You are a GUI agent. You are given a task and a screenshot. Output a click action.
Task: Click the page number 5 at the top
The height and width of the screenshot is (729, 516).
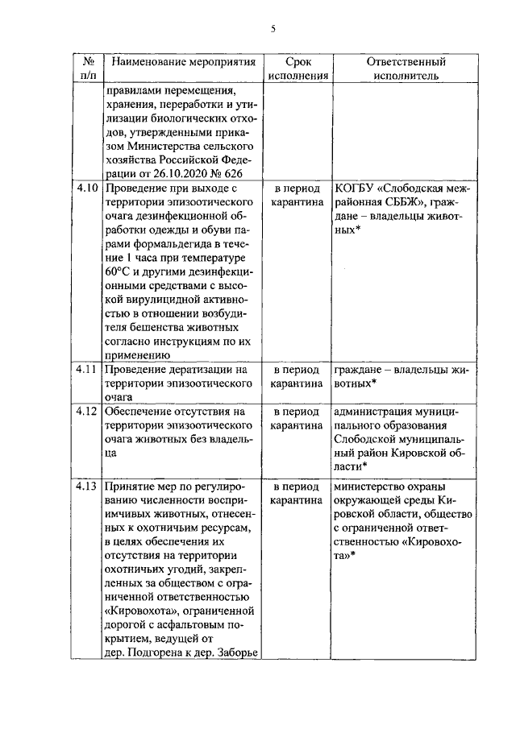pyautogui.click(x=273, y=29)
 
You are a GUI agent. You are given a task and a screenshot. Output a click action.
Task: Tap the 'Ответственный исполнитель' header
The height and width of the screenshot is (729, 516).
pyautogui.click(x=406, y=68)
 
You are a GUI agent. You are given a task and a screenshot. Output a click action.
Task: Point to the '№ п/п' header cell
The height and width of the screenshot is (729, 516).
pyautogui.click(x=88, y=68)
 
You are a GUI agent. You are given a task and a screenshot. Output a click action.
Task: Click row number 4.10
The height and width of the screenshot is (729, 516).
pyautogui.click(x=87, y=187)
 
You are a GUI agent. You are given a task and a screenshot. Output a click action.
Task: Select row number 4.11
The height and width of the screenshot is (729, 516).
pyautogui.click(x=87, y=369)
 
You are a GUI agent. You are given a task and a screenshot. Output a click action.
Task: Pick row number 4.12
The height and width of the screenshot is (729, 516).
pyautogui.click(x=87, y=412)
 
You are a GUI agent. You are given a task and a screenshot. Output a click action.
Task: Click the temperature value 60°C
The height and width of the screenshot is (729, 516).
pyautogui.click(x=119, y=270)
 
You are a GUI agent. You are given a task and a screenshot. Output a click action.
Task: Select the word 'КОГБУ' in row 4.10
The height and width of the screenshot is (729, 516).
pyautogui.click(x=357, y=187)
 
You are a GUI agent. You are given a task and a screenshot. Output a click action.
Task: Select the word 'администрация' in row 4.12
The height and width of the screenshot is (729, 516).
pyautogui.click(x=376, y=412)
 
